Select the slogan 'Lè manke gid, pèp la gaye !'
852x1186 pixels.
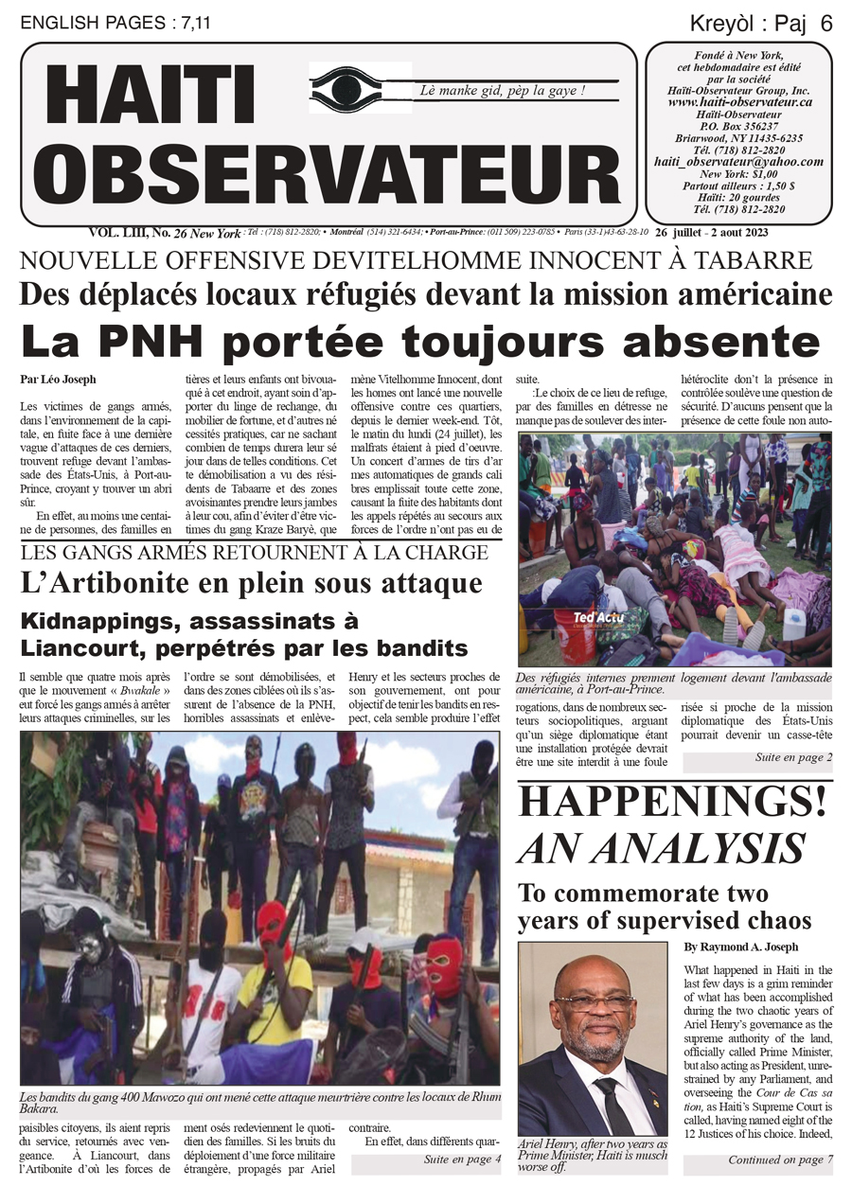[x=504, y=91]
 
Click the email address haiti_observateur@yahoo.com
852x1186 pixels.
[x=738, y=162]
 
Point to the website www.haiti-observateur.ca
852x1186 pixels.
[x=739, y=101]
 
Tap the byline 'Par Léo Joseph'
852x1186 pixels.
[x=57, y=380]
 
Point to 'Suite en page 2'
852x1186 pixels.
[x=793, y=757]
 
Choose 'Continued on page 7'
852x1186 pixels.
[x=780, y=1159]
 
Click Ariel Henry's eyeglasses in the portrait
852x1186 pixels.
[x=594, y=1001]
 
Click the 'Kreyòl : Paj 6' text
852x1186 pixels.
[x=761, y=24]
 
